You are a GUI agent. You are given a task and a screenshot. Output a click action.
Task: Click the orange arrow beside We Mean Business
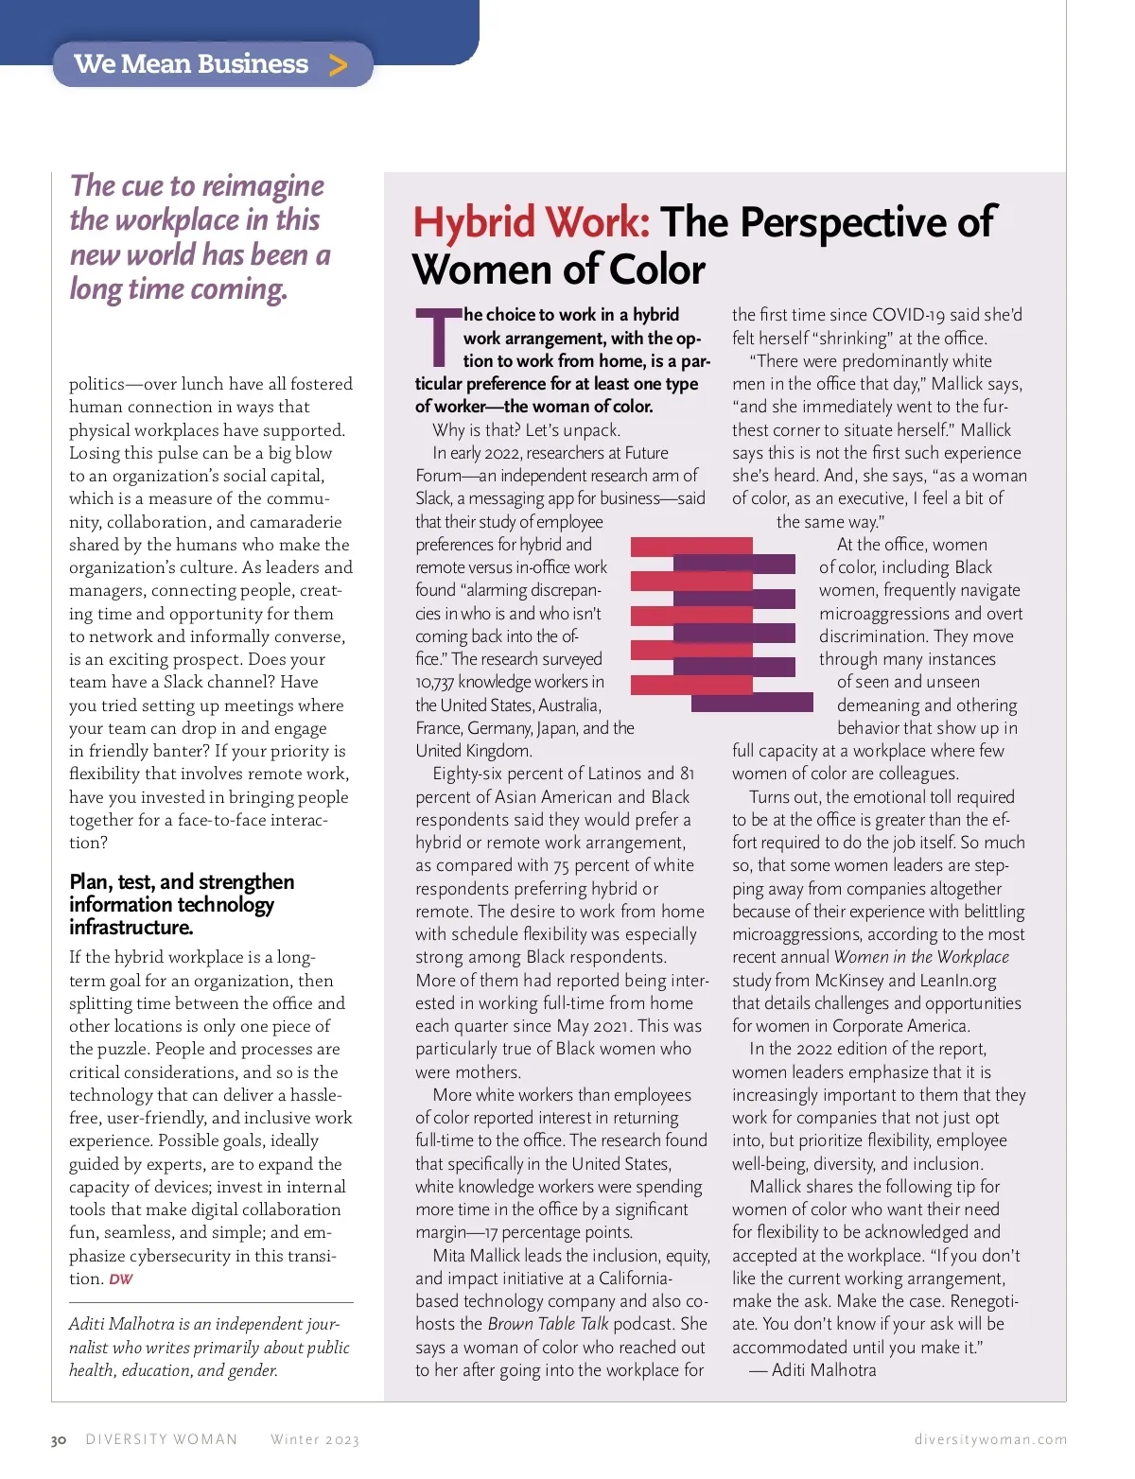click(x=338, y=64)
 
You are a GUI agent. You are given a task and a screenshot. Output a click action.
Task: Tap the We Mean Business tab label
click(x=191, y=63)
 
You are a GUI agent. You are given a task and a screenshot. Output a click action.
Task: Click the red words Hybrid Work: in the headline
click(x=531, y=222)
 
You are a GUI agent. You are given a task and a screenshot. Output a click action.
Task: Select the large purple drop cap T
click(x=437, y=338)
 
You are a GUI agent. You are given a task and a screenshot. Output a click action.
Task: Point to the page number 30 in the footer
click(x=59, y=1439)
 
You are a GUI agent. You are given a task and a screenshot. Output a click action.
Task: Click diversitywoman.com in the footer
click(x=990, y=1439)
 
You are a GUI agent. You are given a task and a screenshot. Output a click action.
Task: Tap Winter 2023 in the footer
click(x=315, y=1439)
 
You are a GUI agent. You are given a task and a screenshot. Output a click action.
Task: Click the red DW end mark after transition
click(x=121, y=1279)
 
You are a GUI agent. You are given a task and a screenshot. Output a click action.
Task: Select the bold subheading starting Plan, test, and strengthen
click(x=182, y=904)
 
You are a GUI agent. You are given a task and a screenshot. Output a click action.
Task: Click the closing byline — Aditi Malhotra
click(x=813, y=1370)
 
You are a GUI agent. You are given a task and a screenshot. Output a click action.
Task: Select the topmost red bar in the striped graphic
click(x=690, y=546)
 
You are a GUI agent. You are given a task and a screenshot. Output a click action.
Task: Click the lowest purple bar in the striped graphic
click(x=752, y=703)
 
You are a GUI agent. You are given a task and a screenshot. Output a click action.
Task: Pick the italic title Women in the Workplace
click(x=921, y=957)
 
